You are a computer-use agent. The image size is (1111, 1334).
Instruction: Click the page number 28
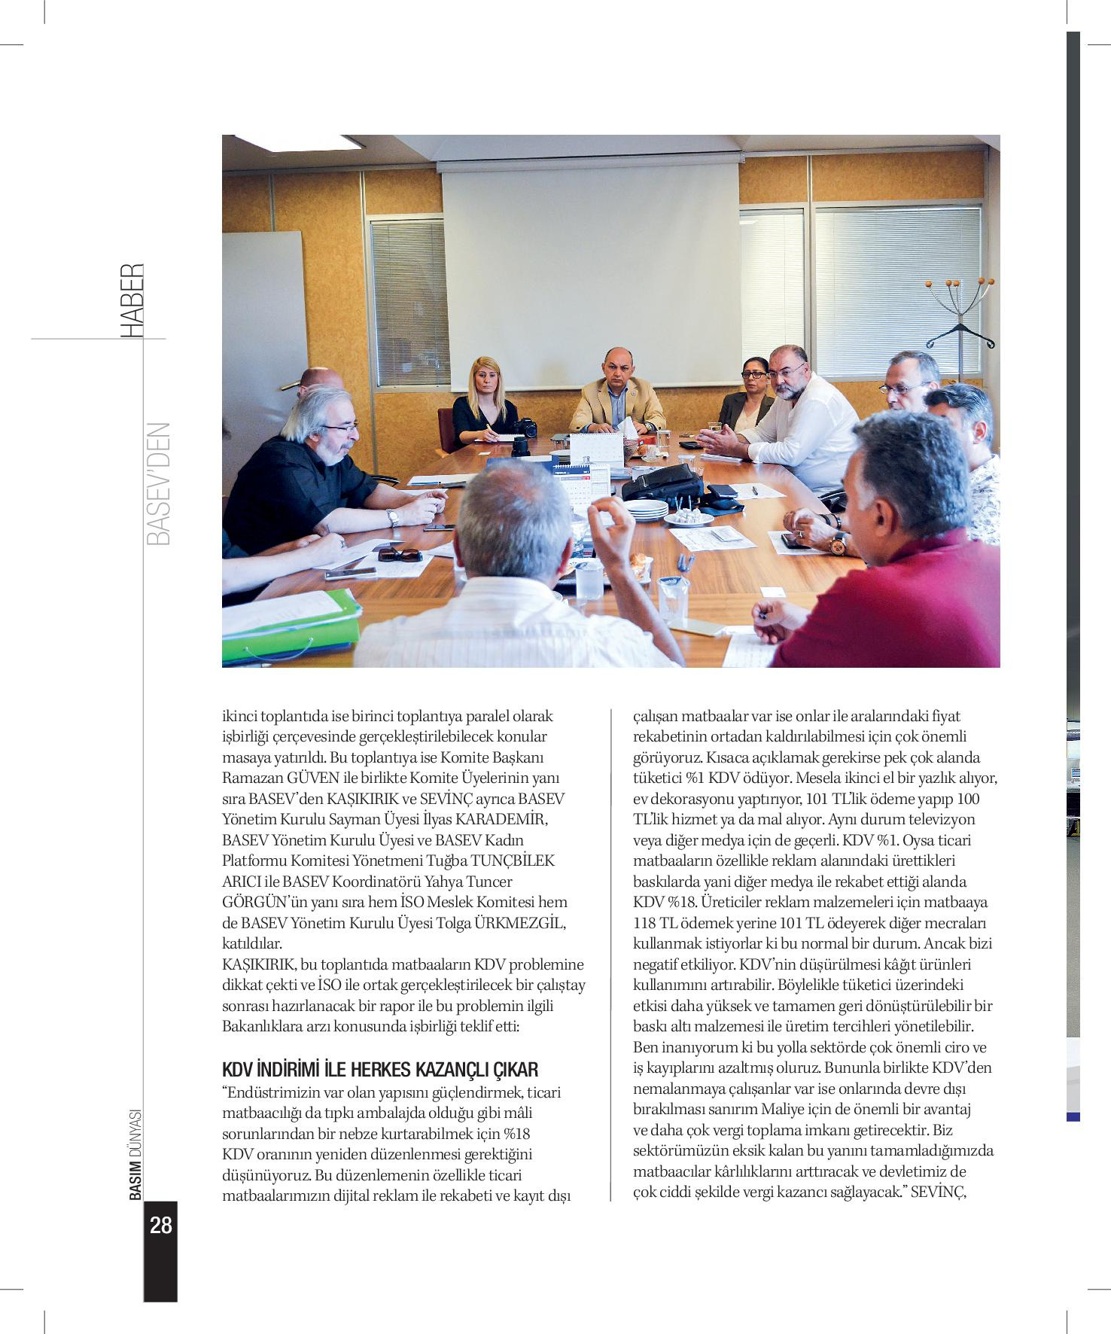click(x=160, y=1226)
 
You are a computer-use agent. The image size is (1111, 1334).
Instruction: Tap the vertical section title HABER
click(x=132, y=300)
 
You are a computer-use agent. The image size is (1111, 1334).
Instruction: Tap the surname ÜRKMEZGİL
click(x=519, y=923)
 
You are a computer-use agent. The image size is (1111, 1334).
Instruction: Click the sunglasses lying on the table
click(x=400, y=555)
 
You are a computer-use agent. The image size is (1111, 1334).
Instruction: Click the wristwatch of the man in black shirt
click(x=391, y=518)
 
